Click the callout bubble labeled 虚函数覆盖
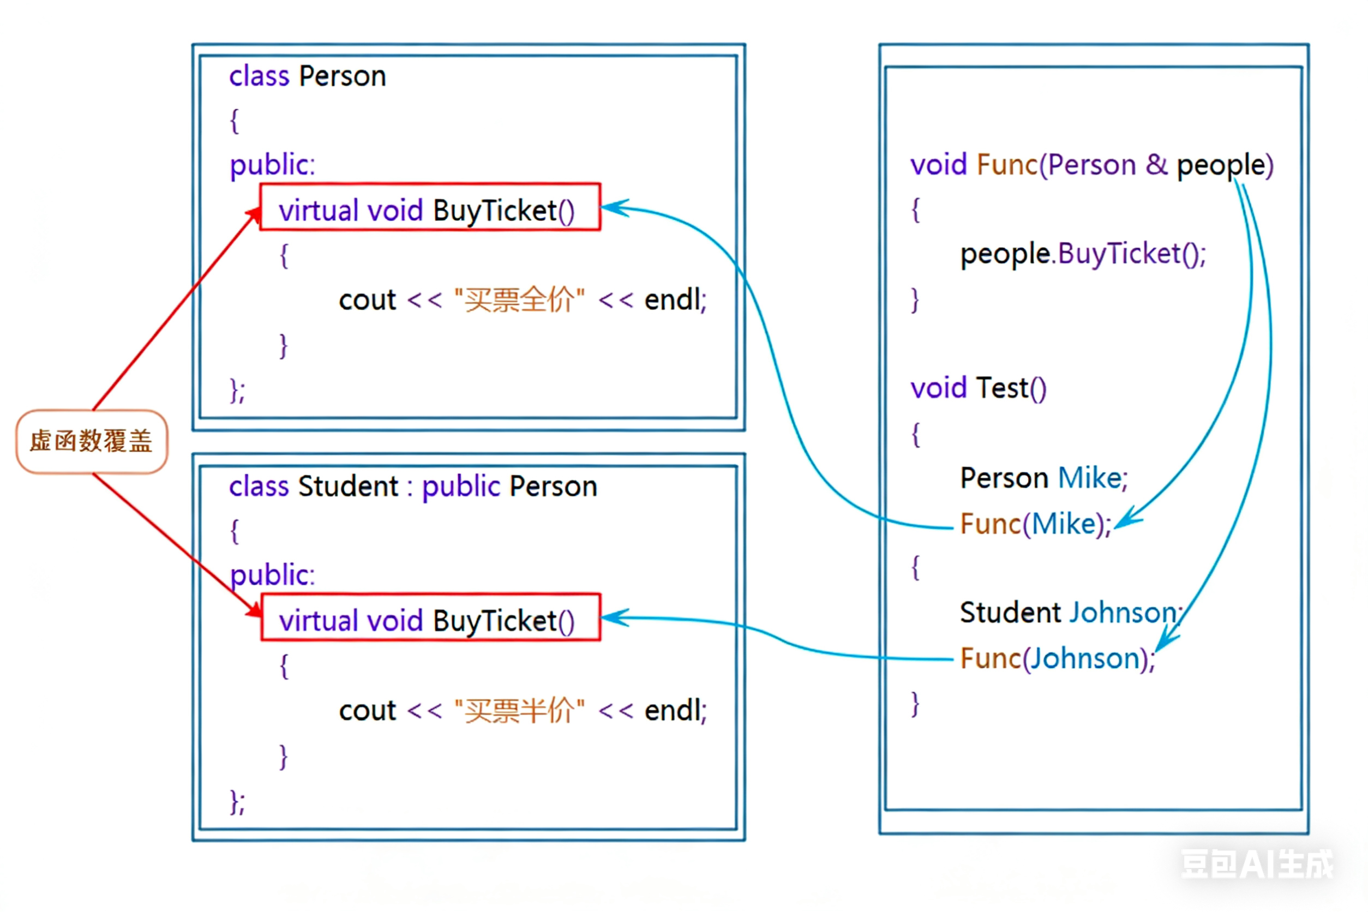[91, 441]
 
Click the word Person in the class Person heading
[343, 76]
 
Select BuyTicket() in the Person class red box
[503, 211]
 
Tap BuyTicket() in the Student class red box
[503, 621]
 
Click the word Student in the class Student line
[348, 486]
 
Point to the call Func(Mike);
[1035, 524]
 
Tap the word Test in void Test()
[1002, 388]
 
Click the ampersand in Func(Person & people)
[1156, 165]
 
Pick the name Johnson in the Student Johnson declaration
[1123, 613]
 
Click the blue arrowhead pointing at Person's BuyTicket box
[611, 208]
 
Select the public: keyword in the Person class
[272, 165]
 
